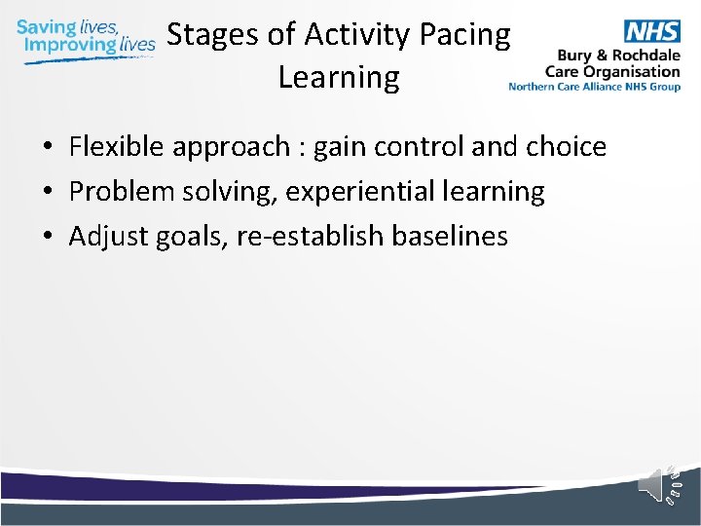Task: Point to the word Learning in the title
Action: (339, 77)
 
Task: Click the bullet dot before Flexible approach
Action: (47, 148)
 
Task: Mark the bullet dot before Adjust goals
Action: (47, 237)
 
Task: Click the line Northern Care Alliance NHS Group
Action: (594, 87)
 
